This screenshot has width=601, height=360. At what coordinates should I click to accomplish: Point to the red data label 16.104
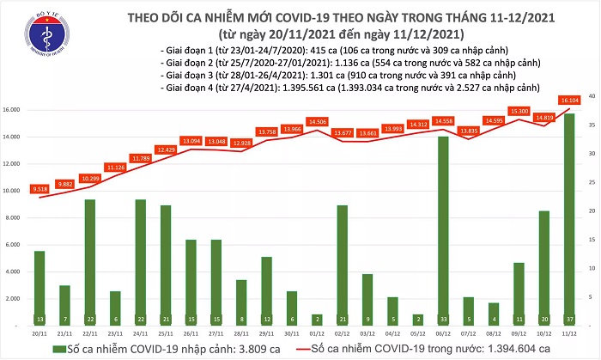[x=571, y=101]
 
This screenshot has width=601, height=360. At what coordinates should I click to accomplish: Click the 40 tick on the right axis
[x=591, y=96]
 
